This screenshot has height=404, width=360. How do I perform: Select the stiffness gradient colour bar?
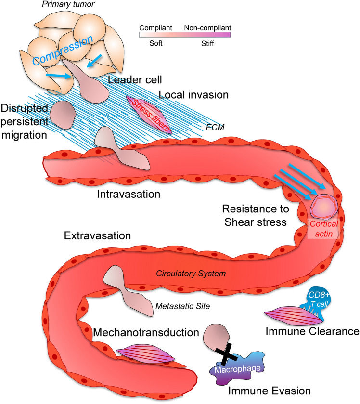click(x=184, y=34)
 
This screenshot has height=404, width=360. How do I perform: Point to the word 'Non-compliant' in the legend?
click(x=207, y=27)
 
